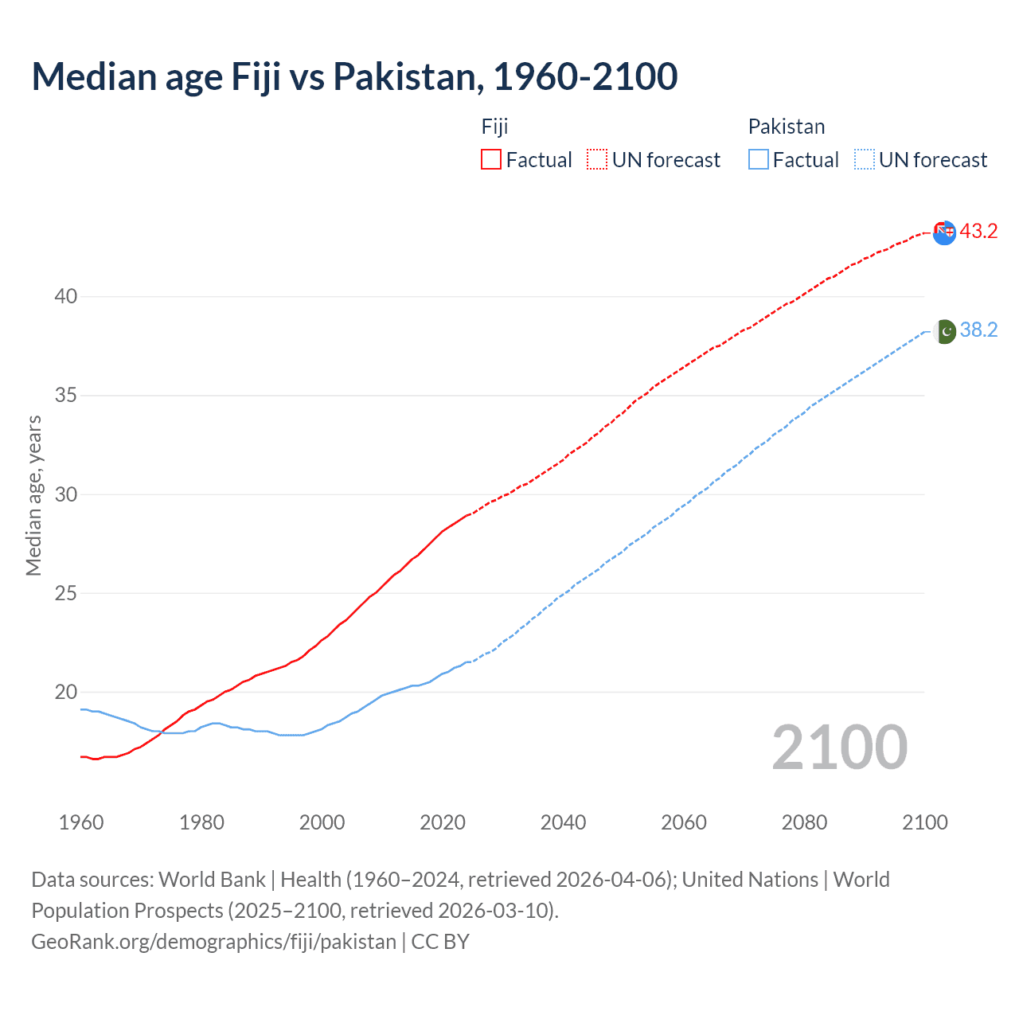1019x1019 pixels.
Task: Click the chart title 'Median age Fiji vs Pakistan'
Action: pyautogui.click(x=354, y=76)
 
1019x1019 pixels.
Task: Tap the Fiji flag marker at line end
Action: pyautogui.click(x=944, y=232)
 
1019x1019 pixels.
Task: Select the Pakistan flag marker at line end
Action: pyautogui.click(x=944, y=331)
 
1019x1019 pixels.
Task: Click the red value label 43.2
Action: pyautogui.click(x=978, y=232)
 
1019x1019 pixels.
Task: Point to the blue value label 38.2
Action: pyautogui.click(x=978, y=330)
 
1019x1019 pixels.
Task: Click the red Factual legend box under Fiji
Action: pyautogui.click(x=491, y=160)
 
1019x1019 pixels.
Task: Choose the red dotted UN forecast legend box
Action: pyautogui.click(x=597, y=160)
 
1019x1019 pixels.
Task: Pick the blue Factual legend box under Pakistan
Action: pyautogui.click(x=759, y=160)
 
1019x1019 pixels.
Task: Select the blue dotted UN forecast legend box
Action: pyautogui.click(x=865, y=160)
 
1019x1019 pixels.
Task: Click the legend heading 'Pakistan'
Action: pyautogui.click(x=786, y=127)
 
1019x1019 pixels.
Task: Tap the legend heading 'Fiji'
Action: pyautogui.click(x=494, y=127)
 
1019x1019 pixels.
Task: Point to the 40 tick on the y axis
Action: pyautogui.click(x=65, y=297)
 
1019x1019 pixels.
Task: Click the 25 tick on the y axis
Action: pyautogui.click(x=65, y=594)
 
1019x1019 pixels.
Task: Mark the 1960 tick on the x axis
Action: pyautogui.click(x=81, y=822)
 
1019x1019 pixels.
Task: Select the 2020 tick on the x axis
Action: pyautogui.click(x=443, y=822)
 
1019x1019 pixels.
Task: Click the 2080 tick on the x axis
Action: pyautogui.click(x=804, y=822)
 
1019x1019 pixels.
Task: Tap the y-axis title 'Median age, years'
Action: pyautogui.click(x=33, y=495)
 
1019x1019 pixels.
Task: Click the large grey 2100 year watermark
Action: pyautogui.click(x=839, y=748)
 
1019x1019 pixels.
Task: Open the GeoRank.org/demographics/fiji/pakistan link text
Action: pyautogui.click(x=213, y=942)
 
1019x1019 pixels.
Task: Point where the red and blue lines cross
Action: pyautogui.click(x=162, y=732)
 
